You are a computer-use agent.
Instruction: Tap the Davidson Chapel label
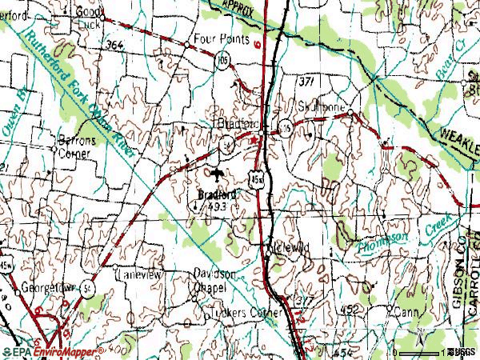(210, 280)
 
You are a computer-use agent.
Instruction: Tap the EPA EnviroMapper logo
(52, 352)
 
